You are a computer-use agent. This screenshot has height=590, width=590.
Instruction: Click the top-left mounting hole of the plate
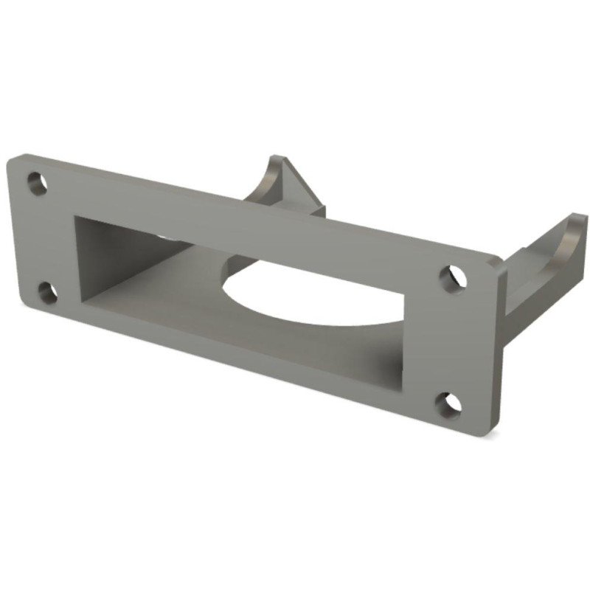click(37, 182)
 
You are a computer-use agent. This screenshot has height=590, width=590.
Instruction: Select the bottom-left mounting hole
click(47, 292)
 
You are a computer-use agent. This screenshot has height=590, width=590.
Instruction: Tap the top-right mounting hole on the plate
click(452, 276)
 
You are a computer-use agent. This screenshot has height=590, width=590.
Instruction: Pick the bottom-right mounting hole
click(448, 403)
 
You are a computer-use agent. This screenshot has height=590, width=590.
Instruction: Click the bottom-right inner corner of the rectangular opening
click(404, 386)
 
